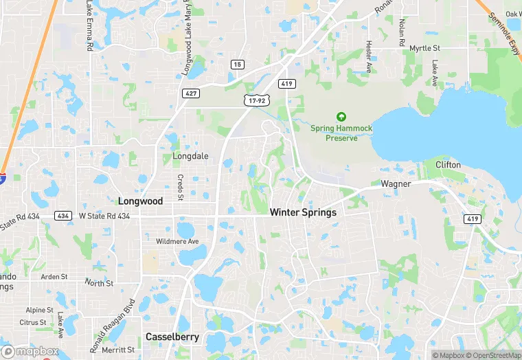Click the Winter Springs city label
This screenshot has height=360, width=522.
(303, 212)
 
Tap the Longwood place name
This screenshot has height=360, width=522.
(140, 201)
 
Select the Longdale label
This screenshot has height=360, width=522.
(190, 157)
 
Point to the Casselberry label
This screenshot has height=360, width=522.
(172, 337)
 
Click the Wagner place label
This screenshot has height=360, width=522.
(396, 184)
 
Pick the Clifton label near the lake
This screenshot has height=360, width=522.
(448, 165)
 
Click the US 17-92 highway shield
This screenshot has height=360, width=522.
(256, 100)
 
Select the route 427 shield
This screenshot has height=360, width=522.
(191, 93)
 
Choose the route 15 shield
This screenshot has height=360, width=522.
(238, 65)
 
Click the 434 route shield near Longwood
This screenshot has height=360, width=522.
(63, 216)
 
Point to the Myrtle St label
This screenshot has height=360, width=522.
(424, 49)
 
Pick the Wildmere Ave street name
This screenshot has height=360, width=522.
(177, 242)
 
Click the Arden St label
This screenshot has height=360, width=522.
(54, 277)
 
